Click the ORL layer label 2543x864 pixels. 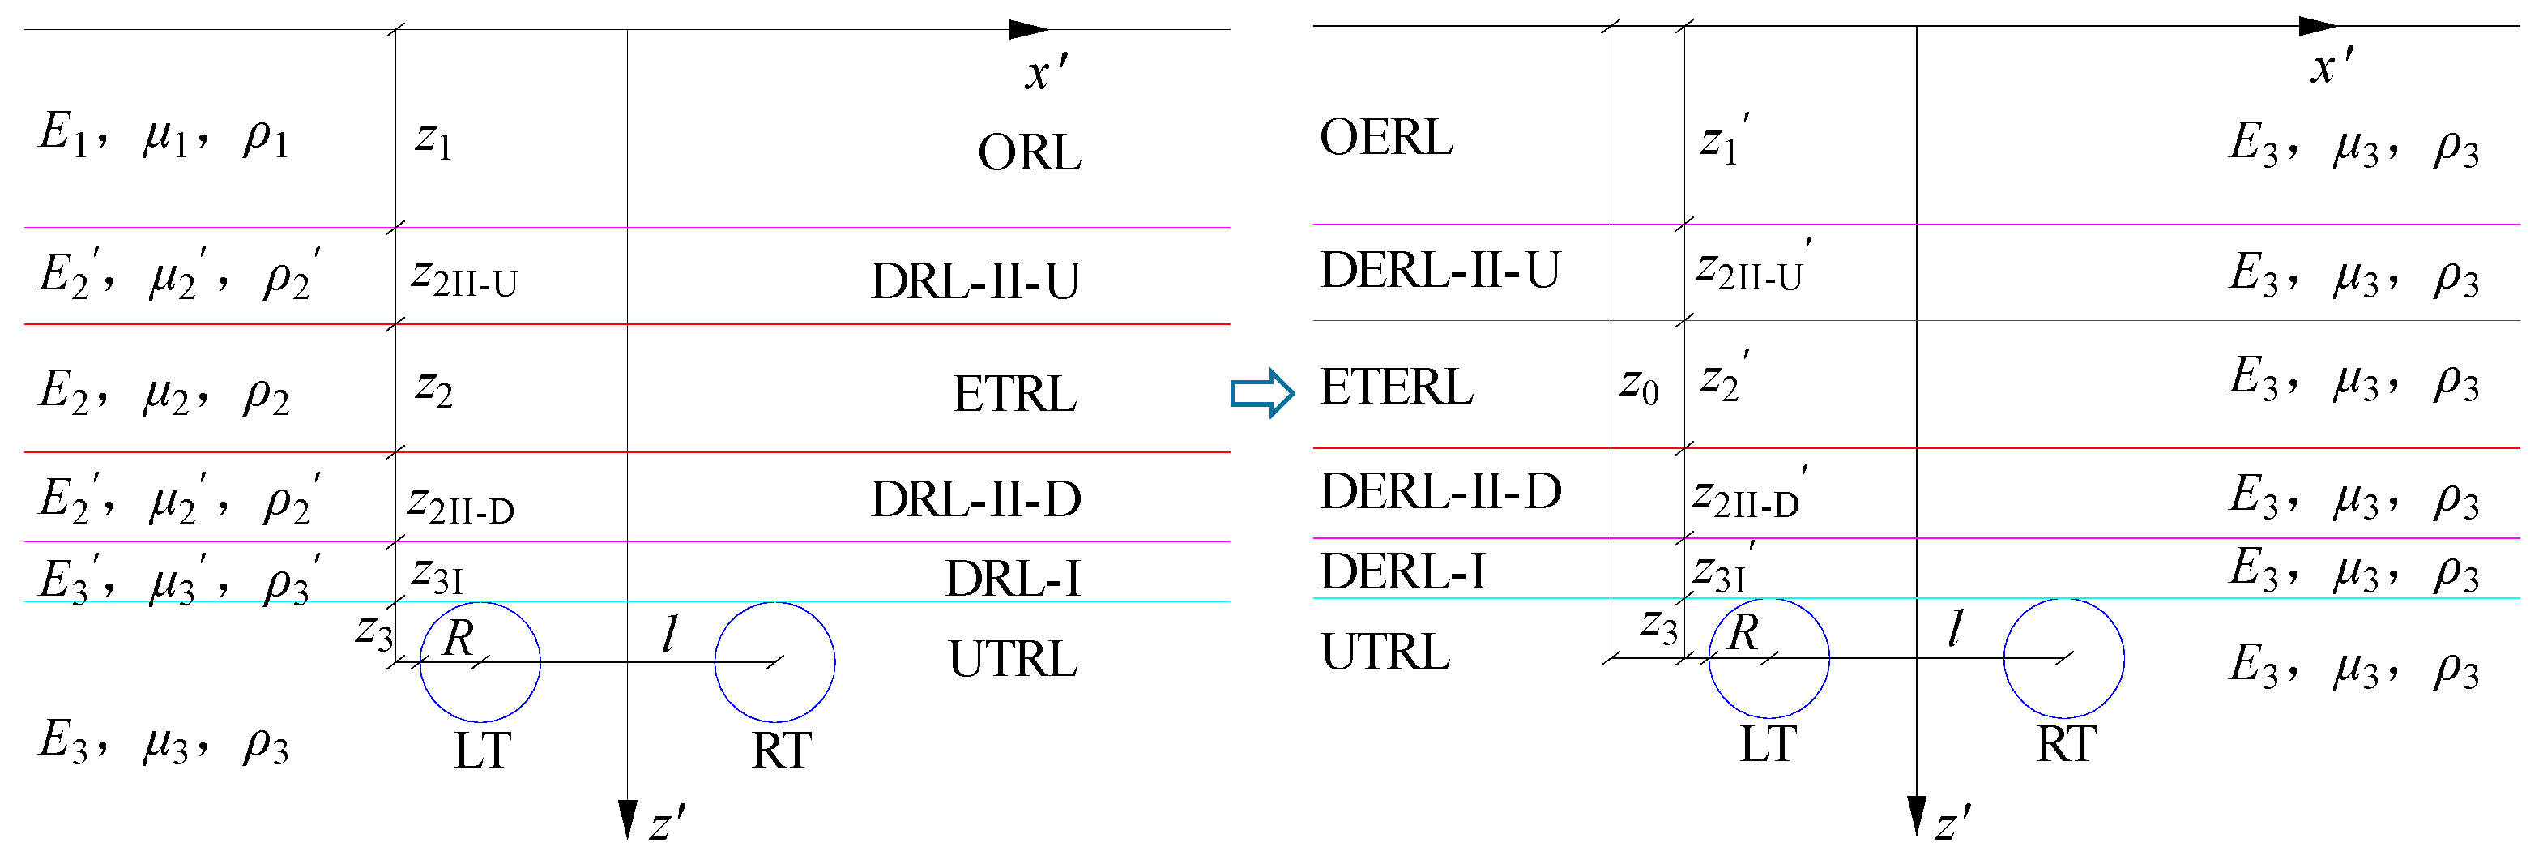pos(1029,153)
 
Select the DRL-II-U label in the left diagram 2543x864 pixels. pos(975,281)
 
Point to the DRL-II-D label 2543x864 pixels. pos(975,499)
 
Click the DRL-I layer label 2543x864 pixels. pos(1012,579)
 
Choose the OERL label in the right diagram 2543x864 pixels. pos(1385,139)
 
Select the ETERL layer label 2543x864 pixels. pos(1396,387)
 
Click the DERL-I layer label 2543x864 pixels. pos(1402,571)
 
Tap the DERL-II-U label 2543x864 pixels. pos(1440,271)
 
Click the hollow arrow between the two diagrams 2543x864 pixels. pos(1261,393)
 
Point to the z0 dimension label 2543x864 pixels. pos(1639,385)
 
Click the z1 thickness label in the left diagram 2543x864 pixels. pos(433,140)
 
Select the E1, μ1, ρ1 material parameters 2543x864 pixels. pos(164,135)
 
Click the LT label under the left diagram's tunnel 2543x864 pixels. pos(482,751)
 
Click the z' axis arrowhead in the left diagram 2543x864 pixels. pos(627,819)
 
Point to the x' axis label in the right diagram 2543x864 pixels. pos(2332,67)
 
